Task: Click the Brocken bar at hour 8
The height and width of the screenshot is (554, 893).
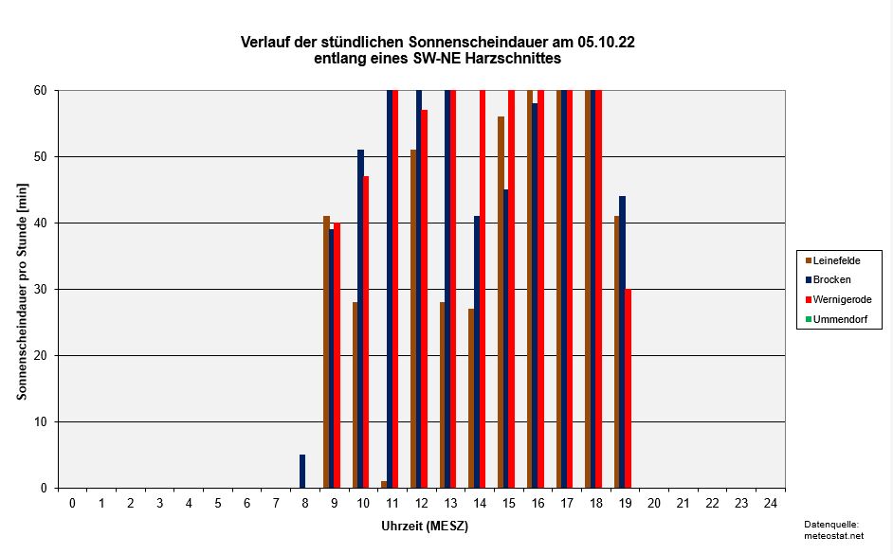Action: point(302,472)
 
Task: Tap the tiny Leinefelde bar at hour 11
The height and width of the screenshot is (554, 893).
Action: point(384,484)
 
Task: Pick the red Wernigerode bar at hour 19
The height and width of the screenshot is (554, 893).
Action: point(628,388)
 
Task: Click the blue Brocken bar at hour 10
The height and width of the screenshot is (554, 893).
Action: point(360,319)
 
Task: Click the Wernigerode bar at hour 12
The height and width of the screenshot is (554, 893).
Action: point(424,299)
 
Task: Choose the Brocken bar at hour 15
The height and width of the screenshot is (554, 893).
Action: point(506,339)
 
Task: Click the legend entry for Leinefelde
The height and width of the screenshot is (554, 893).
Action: point(838,259)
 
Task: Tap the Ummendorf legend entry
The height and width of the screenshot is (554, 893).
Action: point(839,319)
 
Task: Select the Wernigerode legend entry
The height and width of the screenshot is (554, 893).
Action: point(842,299)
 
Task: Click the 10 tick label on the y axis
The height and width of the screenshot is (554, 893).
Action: point(41,421)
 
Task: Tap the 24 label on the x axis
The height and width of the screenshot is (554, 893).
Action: point(771,502)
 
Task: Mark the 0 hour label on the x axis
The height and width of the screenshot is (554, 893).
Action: point(72,502)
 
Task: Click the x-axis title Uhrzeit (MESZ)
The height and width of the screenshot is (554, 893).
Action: point(424,525)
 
